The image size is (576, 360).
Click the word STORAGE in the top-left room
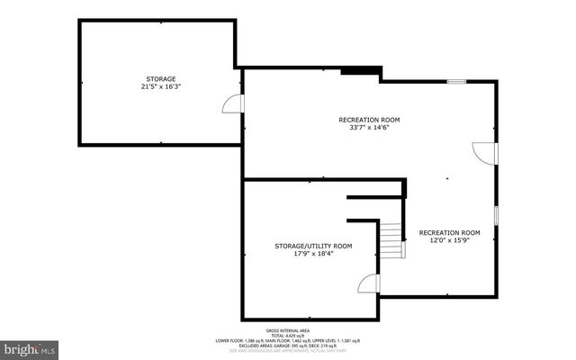click(162, 79)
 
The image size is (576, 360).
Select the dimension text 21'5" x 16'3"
click(162, 88)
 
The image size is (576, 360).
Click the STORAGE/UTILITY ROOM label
click(313, 246)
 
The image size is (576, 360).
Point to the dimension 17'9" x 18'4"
click(313, 255)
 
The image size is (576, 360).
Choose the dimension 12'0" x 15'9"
click(450, 241)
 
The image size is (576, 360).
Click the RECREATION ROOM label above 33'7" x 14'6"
click(369, 120)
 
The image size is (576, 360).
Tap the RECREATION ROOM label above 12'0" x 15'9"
click(450, 232)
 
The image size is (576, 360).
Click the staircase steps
click(389, 241)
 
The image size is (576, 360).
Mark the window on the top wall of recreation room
click(457, 82)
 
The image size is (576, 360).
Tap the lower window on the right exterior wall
click(496, 217)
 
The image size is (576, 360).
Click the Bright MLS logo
click(29, 347)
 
